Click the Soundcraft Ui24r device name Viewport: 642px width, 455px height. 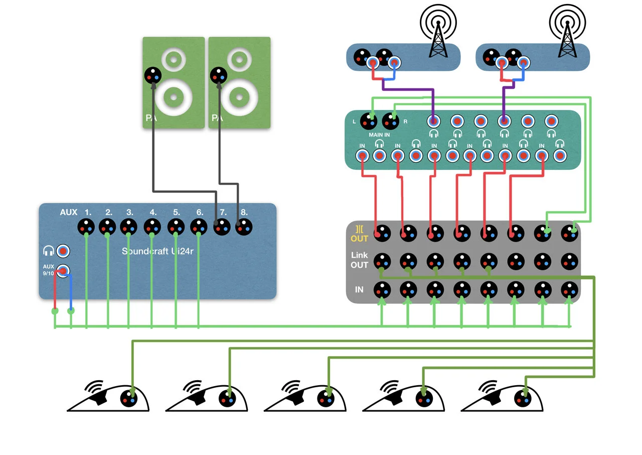[x=159, y=251]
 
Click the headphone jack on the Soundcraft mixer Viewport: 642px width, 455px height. [x=63, y=251]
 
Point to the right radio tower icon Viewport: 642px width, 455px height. [x=567, y=30]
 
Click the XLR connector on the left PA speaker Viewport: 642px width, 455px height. [x=153, y=76]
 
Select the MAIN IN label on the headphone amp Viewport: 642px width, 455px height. [x=380, y=134]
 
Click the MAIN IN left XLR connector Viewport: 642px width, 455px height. [x=372, y=121]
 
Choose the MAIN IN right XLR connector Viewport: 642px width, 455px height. [x=391, y=121]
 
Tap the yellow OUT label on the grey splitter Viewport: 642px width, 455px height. [x=360, y=239]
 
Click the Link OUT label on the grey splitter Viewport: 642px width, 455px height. [x=360, y=260]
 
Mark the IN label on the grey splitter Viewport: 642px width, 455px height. [x=360, y=290]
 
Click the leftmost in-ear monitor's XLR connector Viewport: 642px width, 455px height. [x=129, y=398]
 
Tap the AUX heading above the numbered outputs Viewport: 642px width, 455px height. [x=69, y=212]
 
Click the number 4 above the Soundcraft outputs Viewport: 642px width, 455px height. [x=153, y=212]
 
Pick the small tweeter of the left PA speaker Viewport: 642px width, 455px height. [x=173, y=61]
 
